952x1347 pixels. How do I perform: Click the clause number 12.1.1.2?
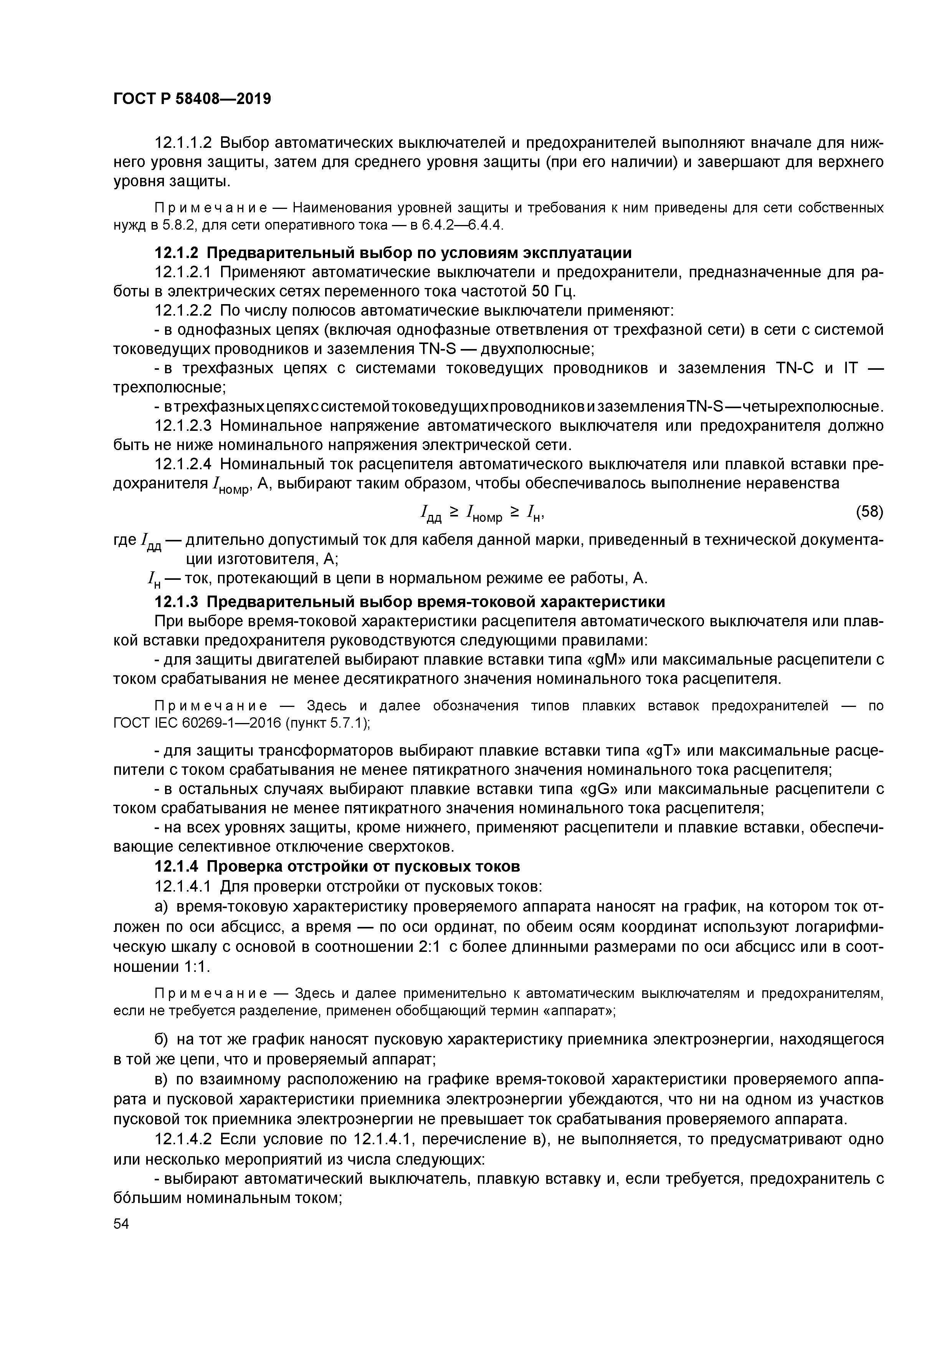(x=182, y=142)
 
